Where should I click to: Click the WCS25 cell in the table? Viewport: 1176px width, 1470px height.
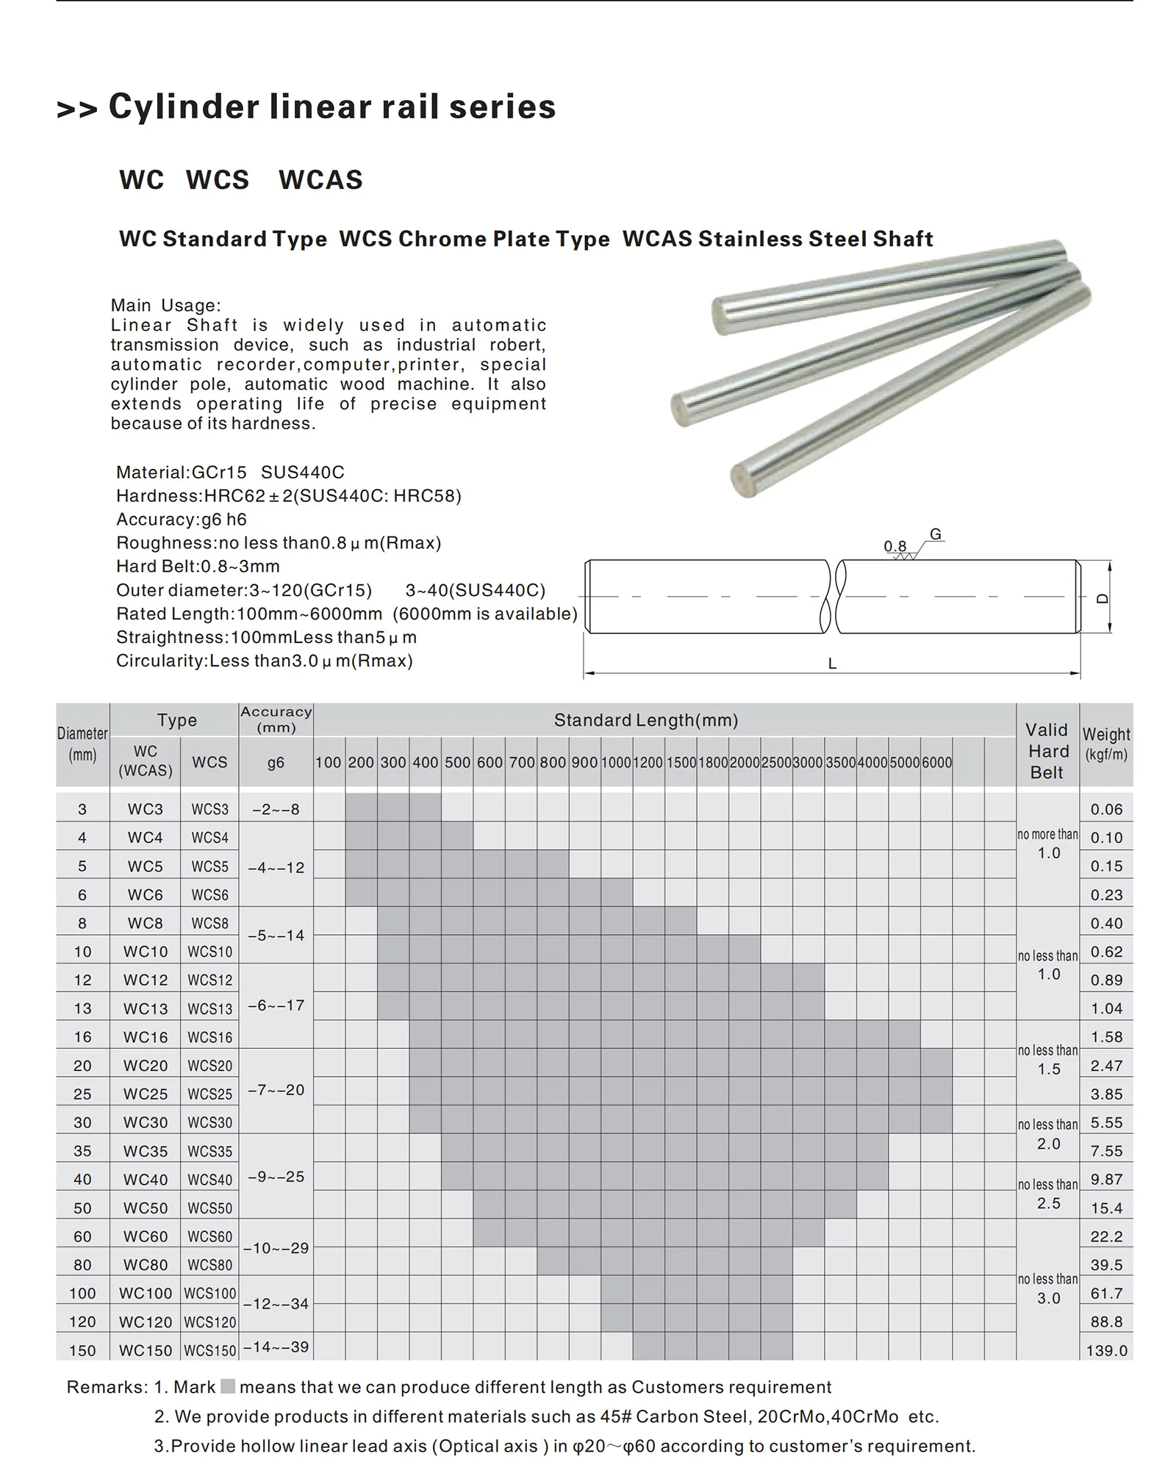[209, 1094]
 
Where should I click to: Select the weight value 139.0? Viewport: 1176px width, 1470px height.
[1106, 1350]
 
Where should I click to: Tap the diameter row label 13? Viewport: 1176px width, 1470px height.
[82, 1008]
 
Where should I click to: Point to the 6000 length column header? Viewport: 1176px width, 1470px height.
[936, 762]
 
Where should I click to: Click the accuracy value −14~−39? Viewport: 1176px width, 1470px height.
[276, 1347]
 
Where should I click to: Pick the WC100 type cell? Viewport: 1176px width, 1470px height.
[145, 1293]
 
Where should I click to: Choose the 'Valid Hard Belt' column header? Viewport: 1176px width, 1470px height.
[1047, 750]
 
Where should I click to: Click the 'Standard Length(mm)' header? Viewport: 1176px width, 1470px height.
[645, 720]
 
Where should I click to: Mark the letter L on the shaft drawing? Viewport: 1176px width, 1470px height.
[832, 664]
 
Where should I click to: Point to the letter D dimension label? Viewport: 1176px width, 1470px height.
[1102, 598]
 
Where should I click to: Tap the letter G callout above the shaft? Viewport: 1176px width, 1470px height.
[935, 534]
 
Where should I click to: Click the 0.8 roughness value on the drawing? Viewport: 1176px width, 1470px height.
[894, 546]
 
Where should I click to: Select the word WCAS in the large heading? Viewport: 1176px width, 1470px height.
[320, 180]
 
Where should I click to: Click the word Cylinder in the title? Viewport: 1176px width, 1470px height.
[184, 107]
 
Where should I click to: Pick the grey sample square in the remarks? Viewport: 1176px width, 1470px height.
[228, 1386]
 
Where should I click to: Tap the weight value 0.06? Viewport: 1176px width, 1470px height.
[1106, 809]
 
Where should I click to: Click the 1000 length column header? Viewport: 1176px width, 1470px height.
[616, 762]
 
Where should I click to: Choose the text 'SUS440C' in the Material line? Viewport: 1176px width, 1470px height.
[303, 472]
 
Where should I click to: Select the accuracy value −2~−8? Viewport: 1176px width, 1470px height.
[276, 809]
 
